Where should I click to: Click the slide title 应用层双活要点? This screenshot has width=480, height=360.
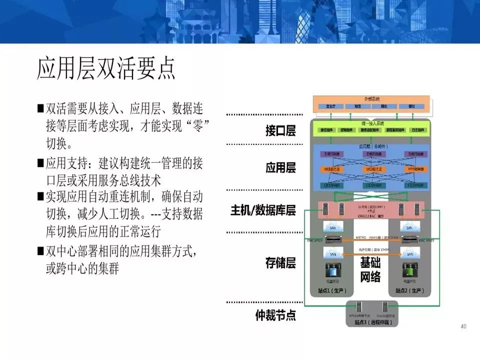click(106, 69)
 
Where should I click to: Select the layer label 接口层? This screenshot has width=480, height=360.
click(280, 131)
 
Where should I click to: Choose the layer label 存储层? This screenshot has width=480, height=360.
click(280, 263)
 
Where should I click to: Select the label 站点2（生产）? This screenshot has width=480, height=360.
click(409, 290)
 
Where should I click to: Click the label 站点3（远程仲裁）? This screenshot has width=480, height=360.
click(370, 323)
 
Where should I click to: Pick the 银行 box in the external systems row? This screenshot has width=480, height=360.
click(411, 106)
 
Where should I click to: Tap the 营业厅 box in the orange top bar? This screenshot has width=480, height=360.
click(330, 106)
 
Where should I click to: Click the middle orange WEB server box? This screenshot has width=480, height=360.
click(370, 169)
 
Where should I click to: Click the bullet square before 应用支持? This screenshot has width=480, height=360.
click(40, 163)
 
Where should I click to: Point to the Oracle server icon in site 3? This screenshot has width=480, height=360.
click(385, 307)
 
